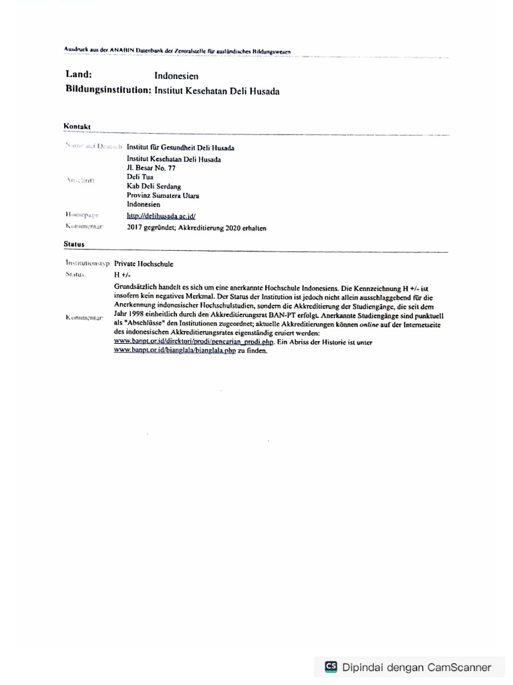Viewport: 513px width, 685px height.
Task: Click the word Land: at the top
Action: coord(78,76)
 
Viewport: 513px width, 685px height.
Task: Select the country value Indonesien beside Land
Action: coord(176,76)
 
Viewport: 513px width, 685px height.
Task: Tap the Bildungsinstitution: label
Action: coord(108,90)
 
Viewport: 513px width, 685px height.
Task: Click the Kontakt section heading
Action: coord(77,126)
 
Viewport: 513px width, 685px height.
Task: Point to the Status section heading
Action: coord(74,244)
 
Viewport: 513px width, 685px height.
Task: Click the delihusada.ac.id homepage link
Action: coord(160,216)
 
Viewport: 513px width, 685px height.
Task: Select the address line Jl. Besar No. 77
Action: coord(151,169)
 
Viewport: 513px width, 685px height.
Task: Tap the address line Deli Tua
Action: coord(140,177)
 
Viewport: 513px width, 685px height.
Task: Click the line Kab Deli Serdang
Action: coord(154,187)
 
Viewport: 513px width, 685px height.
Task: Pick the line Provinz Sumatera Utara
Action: coord(163,196)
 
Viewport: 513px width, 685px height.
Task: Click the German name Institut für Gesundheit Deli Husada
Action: coord(180,147)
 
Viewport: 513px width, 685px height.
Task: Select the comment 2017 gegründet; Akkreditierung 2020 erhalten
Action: coord(196,227)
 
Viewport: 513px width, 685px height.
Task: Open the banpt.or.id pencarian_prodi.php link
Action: coord(194,341)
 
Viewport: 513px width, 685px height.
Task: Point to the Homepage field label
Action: coord(83,215)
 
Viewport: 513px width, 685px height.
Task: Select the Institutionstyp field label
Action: coord(88,264)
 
